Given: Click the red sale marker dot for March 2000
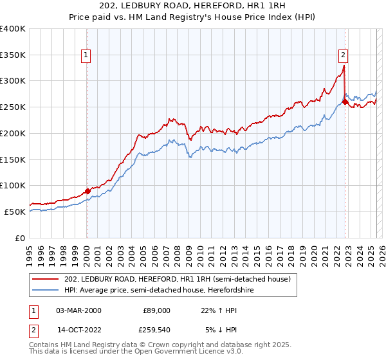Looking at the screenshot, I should tap(87, 191).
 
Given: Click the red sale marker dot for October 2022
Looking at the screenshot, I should tap(345, 102).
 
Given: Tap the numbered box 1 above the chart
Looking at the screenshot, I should tap(86, 55).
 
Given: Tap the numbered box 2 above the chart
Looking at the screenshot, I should tap(344, 55).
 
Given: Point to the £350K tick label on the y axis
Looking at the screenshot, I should tap(13, 55).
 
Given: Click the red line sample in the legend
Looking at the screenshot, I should tap(46, 279).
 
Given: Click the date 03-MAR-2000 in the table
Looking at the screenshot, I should tap(78, 310).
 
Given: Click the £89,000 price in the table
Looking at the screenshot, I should tap(156, 310).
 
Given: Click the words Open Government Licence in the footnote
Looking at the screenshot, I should tap(183, 352).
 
